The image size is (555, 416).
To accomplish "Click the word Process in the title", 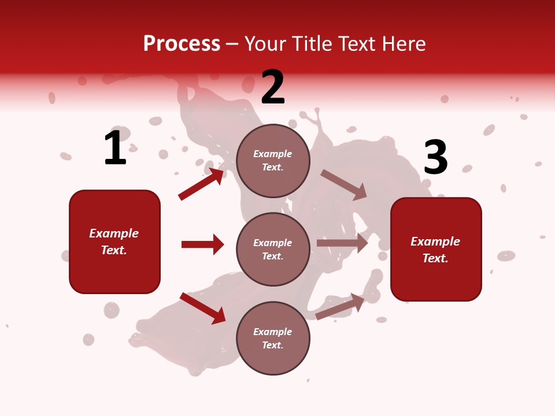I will pos(182,44).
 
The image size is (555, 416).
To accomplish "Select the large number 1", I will pos(115,148).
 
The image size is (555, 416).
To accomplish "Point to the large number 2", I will pos(273,88).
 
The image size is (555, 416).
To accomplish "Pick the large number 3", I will pos(436,158).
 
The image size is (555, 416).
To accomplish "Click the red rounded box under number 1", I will pos(114,242).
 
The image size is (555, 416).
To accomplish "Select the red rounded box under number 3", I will pos(436,250).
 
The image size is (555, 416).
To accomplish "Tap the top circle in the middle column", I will pos(273,161).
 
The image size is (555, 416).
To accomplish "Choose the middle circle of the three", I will pos(273,249).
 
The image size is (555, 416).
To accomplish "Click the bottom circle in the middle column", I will pos(273,338).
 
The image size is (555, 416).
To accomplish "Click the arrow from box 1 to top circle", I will pos(201,184).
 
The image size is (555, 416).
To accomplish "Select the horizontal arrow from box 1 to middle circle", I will pos(202,244).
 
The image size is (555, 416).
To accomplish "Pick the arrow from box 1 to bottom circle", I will pos(203,308).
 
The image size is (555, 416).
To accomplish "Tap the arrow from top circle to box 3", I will pos(344,185).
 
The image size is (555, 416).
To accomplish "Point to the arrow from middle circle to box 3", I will pos(342,243).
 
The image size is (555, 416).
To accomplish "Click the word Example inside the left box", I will pos(114,233).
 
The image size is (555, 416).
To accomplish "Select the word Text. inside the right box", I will pos(435,258).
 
